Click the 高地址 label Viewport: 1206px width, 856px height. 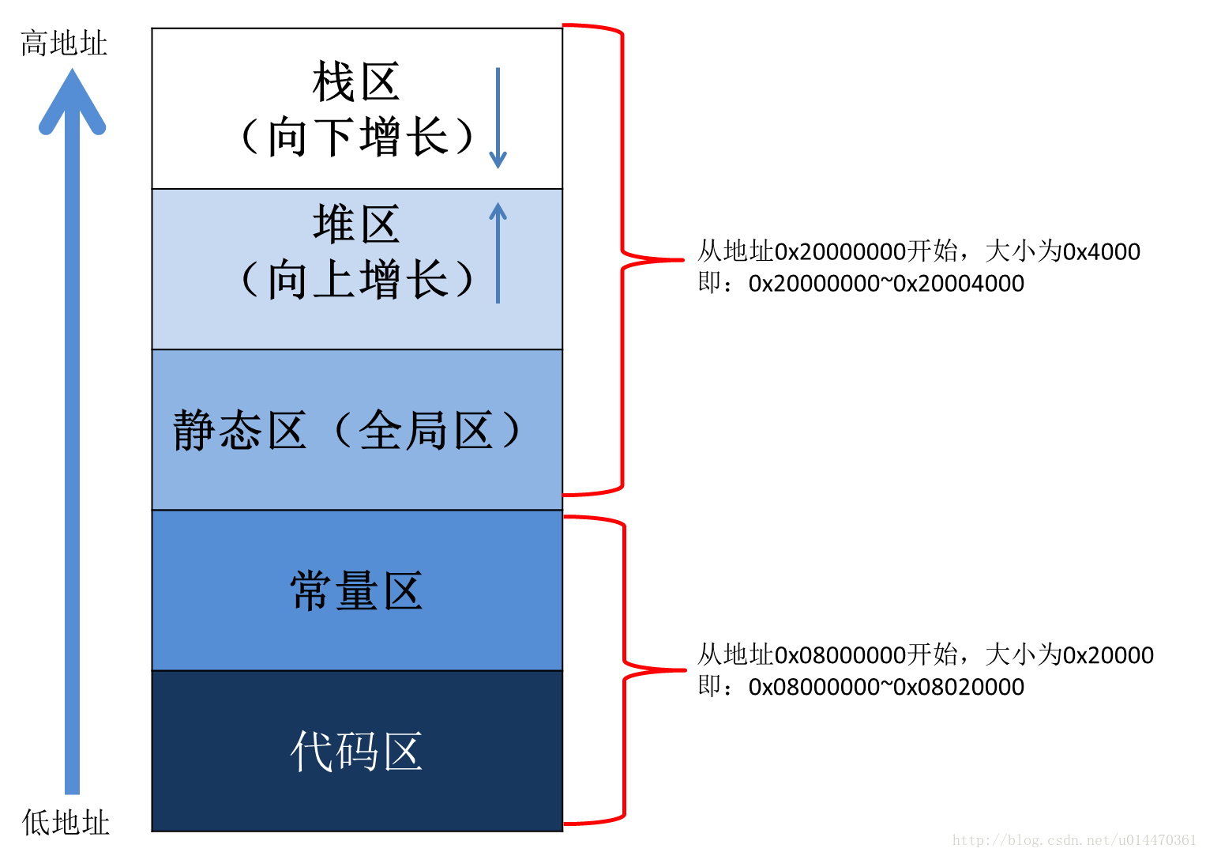pos(63,43)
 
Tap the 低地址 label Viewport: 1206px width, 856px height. pos(66,823)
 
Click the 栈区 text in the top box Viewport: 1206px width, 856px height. pos(356,82)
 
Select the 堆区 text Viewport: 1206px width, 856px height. pos(356,224)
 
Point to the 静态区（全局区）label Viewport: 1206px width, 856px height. pos(348,431)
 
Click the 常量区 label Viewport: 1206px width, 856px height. pos(356,591)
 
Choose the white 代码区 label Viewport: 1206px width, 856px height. pos(356,751)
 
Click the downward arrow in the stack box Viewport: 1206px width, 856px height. pos(498,119)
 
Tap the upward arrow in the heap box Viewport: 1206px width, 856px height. pos(498,253)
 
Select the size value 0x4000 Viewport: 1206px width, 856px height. pos(1102,252)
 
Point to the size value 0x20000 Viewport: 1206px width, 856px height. pos(1108,655)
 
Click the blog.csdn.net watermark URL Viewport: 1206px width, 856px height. pos(1074,840)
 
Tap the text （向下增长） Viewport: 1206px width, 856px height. pos(356,137)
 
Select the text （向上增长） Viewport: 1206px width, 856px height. pos(356,280)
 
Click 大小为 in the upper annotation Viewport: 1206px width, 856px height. pos(1023,252)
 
